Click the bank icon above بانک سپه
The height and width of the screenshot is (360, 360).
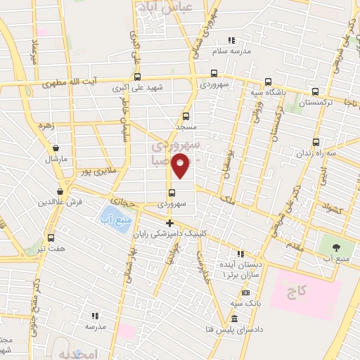pos(245,292)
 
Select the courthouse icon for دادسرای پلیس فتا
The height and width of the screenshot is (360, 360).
pos(233,318)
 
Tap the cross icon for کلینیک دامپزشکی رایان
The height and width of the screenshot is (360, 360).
pos(169,224)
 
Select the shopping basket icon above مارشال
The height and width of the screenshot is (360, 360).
pos(56,148)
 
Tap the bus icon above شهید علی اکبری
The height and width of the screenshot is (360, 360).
pos(136,77)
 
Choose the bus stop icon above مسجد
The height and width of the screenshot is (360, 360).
pos(186,116)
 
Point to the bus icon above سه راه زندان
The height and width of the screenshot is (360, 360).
pos(316,141)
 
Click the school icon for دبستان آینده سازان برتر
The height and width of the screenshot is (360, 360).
pos(240,254)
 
